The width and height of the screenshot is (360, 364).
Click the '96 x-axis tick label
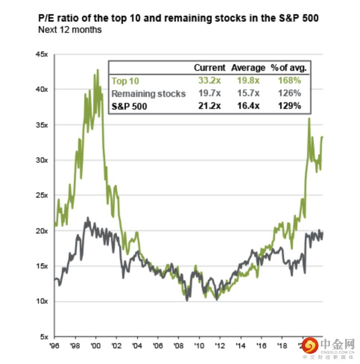55,346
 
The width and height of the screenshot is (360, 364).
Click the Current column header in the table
209,68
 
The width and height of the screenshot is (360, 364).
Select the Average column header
248,68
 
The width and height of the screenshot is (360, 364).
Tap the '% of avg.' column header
289,68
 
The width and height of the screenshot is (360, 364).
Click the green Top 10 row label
125,81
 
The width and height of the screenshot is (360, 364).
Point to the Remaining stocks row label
148,93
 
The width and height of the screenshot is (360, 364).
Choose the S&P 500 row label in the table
129,106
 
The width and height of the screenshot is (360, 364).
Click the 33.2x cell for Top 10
209,81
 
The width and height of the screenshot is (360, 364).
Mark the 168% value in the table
289,81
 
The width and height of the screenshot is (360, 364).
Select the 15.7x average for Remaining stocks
248,93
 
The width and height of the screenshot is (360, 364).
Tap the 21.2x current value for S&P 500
209,106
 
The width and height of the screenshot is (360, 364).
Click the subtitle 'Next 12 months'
70,29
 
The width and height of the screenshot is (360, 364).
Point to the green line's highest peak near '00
98,70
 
